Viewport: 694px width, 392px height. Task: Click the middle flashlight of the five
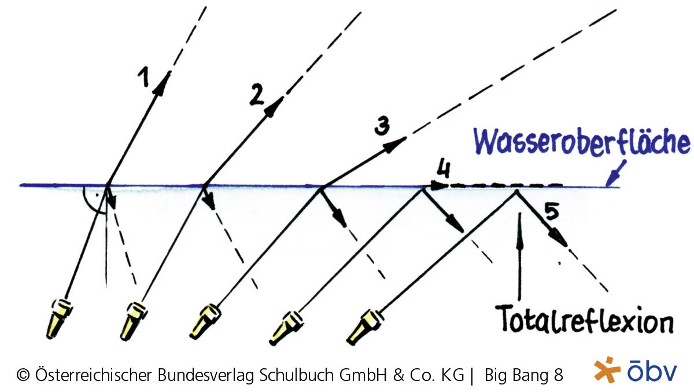(205, 322)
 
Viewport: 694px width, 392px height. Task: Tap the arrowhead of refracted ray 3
(397, 143)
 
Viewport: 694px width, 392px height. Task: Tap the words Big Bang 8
(524, 375)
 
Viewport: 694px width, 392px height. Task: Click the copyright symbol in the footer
(24, 375)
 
